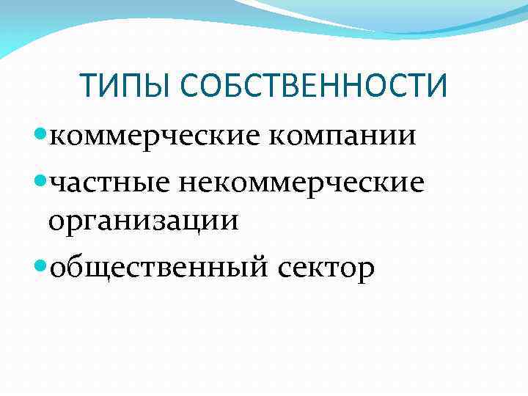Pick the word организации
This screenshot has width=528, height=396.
coord(143,220)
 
